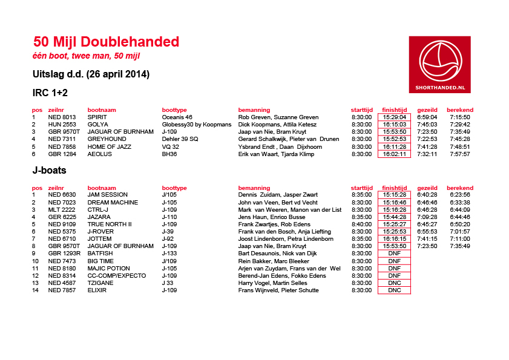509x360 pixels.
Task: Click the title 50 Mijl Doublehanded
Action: point(107,42)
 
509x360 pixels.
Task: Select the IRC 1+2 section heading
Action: point(50,93)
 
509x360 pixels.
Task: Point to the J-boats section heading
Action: point(49,171)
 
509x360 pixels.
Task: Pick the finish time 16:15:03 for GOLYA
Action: point(394,125)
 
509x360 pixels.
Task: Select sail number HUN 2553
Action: point(62,125)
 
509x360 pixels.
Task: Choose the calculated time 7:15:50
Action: point(460,117)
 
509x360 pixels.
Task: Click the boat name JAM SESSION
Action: point(108,195)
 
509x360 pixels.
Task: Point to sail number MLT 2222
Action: point(62,209)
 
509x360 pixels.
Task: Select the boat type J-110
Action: point(170,217)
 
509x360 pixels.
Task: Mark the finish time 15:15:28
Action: point(394,195)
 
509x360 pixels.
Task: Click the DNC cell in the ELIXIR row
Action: point(394,290)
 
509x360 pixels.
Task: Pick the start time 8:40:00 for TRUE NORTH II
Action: point(361,224)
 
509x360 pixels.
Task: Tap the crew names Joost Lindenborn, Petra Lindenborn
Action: point(286,239)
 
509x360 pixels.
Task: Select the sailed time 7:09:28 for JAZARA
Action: point(427,217)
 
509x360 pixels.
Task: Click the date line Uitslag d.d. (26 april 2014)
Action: point(91,74)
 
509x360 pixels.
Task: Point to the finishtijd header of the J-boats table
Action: point(395,188)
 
